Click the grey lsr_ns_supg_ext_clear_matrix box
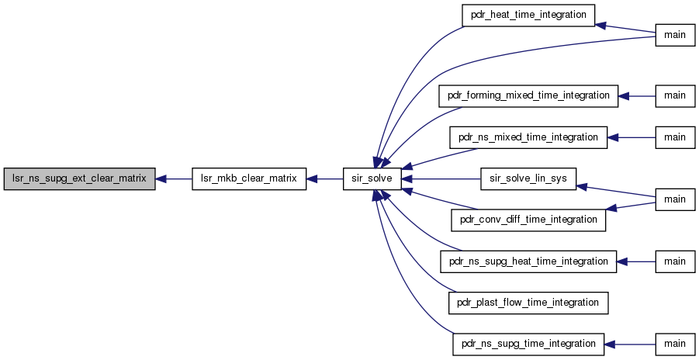pyautogui.click(x=79, y=179)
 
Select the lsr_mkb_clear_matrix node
pyautogui.click(x=249, y=179)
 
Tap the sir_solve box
pyautogui.click(x=372, y=179)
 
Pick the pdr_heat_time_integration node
pyautogui.click(x=528, y=16)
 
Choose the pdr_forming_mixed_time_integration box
pyautogui.click(x=528, y=96)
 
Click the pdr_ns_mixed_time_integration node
pyautogui.click(x=528, y=137)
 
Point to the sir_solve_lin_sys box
pyautogui.click(x=528, y=179)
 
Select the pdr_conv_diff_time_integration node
pyautogui.click(x=528, y=220)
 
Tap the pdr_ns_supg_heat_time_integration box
pyautogui.click(x=528, y=262)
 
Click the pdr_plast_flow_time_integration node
pyautogui.click(x=528, y=303)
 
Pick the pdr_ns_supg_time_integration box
pyautogui.click(x=528, y=344)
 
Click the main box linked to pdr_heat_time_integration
pyautogui.click(x=675, y=35)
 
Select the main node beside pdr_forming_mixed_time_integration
pyautogui.click(x=675, y=96)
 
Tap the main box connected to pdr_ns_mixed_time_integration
pyautogui.click(x=675, y=137)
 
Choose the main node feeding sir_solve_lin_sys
pyautogui.click(x=675, y=199)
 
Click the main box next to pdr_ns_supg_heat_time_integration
pyautogui.click(x=675, y=262)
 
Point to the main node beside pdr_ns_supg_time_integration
pyautogui.click(x=675, y=344)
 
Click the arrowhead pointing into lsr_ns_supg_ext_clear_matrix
pyautogui.click(x=161, y=179)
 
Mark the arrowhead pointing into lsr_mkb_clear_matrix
pyautogui.click(x=312, y=179)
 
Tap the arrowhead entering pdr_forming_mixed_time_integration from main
pyautogui.click(x=624, y=96)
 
